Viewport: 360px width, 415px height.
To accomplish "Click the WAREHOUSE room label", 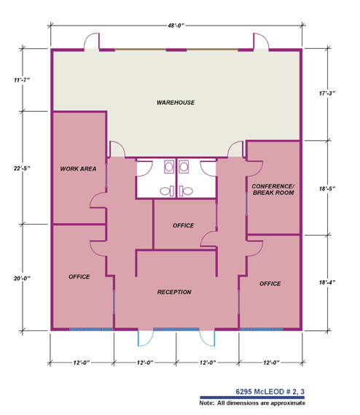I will [x=176, y=103].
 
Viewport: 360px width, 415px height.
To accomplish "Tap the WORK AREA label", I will [x=79, y=169].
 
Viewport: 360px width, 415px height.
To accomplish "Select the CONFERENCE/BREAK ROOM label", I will [x=272, y=190].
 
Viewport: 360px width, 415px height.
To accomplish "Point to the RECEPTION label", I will [x=174, y=292].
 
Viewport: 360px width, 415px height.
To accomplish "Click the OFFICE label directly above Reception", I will [x=184, y=225].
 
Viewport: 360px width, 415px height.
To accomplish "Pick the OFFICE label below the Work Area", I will [x=79, y=277].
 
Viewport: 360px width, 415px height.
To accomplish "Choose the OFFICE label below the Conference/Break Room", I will [x=270, y=283].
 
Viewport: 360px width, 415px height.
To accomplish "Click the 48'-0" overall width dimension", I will [x=176, y=26].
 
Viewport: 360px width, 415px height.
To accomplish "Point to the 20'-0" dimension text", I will [x=22, y=278].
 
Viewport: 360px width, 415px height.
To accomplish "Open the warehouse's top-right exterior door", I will [x=258, y=42].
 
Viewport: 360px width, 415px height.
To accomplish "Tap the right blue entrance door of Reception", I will [x=206, y=338].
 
